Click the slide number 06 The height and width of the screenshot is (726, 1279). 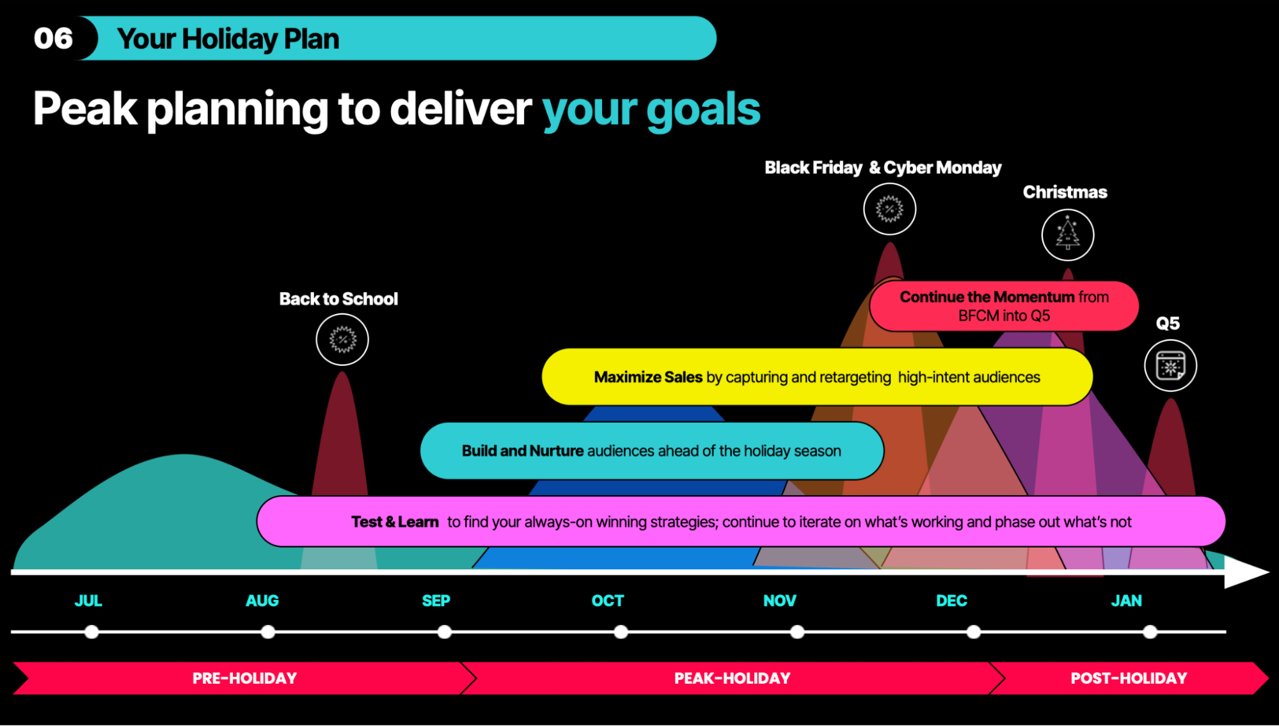(54, 38)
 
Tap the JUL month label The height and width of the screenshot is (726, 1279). (88, 601)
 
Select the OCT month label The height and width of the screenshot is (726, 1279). (608, 601)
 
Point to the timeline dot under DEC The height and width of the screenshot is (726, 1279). (973, 632)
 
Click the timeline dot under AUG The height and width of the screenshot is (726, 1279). (268, 632)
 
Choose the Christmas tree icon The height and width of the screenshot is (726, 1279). (1068, 235)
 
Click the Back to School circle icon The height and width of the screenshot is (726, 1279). (342, 340)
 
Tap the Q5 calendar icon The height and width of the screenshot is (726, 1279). (1171, 366)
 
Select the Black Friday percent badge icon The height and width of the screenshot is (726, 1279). (889, 209)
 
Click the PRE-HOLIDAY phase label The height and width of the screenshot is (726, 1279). (244, 678)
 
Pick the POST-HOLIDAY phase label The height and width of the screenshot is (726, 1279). (1129, 678)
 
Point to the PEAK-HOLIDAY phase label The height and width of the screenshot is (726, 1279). (733, 678)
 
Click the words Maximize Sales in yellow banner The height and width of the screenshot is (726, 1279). (648, 377)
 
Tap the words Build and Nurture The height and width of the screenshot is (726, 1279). (523, 451)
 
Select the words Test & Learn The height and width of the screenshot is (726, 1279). (395, 522)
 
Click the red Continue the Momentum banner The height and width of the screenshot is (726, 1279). (1004, 306)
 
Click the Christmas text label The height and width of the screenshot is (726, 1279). (1065, 192)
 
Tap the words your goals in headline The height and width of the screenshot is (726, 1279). (651, 110)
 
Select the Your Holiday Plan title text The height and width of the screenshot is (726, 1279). (228, 39)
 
